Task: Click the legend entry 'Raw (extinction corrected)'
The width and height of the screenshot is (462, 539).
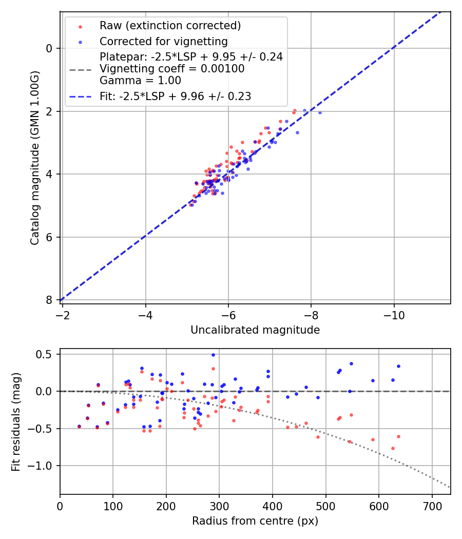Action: pos(170,26)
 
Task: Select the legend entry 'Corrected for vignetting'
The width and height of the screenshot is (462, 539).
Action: pos(163,41)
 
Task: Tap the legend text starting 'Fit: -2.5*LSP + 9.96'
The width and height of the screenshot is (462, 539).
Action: pos(176,96)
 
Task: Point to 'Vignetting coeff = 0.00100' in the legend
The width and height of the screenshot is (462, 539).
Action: pos(172,69)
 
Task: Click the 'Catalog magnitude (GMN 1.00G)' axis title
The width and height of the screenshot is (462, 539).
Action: pos(35,158)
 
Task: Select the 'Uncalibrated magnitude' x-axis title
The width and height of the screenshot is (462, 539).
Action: pos(255,330)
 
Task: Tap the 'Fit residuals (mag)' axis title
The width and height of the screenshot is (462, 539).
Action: pos(16,421)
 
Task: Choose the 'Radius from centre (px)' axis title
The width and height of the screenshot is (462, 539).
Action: pos(255,521)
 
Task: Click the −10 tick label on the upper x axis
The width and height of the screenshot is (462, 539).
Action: pos(394,313)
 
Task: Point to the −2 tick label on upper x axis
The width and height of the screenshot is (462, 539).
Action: pos(62,313)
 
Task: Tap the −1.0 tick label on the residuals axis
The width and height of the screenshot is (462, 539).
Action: pos(43,466)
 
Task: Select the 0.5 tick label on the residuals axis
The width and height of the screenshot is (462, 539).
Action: pos(47,354)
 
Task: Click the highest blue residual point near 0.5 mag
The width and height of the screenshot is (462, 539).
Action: pos(213,355)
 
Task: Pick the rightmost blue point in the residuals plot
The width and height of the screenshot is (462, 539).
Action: pos(398,366)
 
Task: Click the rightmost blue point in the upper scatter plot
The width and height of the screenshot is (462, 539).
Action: pos(320,112)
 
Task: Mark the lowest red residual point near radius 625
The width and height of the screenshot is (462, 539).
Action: pos(393,448)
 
